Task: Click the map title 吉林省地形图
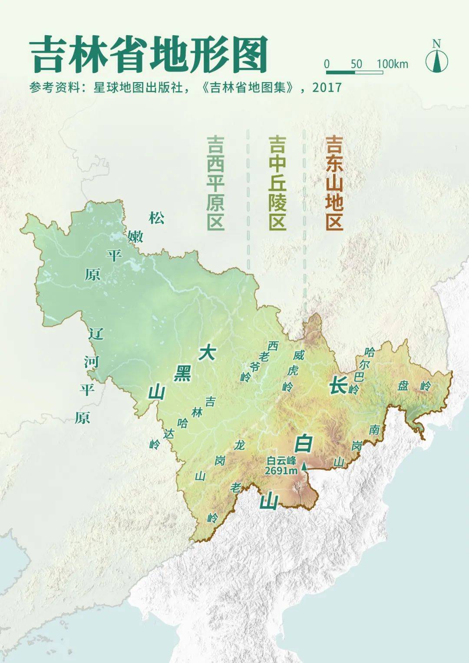click(x=149, y=56)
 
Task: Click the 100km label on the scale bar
click(x=392, y=64)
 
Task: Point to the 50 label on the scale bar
click(x=356, y=64)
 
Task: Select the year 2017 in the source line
click(x=327, y=88)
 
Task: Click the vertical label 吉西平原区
click(x=215, y=182)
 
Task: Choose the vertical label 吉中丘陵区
click(x=277, y=182)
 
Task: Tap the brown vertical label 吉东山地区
click(x=334, y=182)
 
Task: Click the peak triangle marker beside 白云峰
click(x=304, y=466)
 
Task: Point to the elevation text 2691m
click(x=281, y=471)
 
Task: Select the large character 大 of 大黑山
click(x=207, y=353)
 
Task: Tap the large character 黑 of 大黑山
click(x=182, y=373)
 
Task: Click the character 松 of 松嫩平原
click(x=157, y=218)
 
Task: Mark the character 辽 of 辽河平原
click(x=96, y=334)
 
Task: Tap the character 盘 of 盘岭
click(x=403, y=385)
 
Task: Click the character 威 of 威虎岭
click(x=298, y=355)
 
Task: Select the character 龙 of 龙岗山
click(x=239, y=445)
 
